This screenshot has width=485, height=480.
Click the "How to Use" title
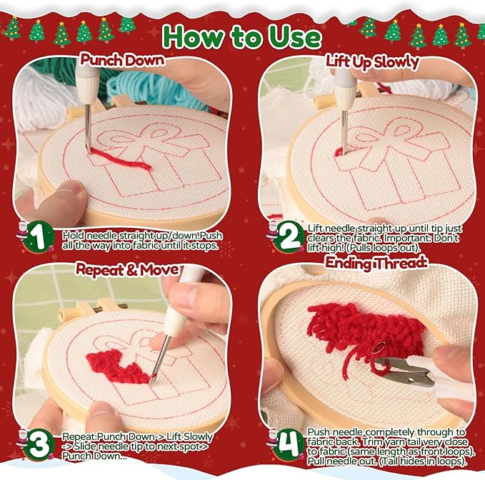pos(241,36)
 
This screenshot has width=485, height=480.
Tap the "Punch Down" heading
pos(122,60)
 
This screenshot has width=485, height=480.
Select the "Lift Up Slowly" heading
pos(372,61)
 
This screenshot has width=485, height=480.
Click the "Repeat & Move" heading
pos(127,270)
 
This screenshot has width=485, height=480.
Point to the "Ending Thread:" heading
pos(376,263)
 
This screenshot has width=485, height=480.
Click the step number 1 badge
pos(39,236)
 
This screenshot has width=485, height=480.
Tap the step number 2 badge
pos(289,236)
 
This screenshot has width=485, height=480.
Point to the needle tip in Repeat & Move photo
pos(151,383)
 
